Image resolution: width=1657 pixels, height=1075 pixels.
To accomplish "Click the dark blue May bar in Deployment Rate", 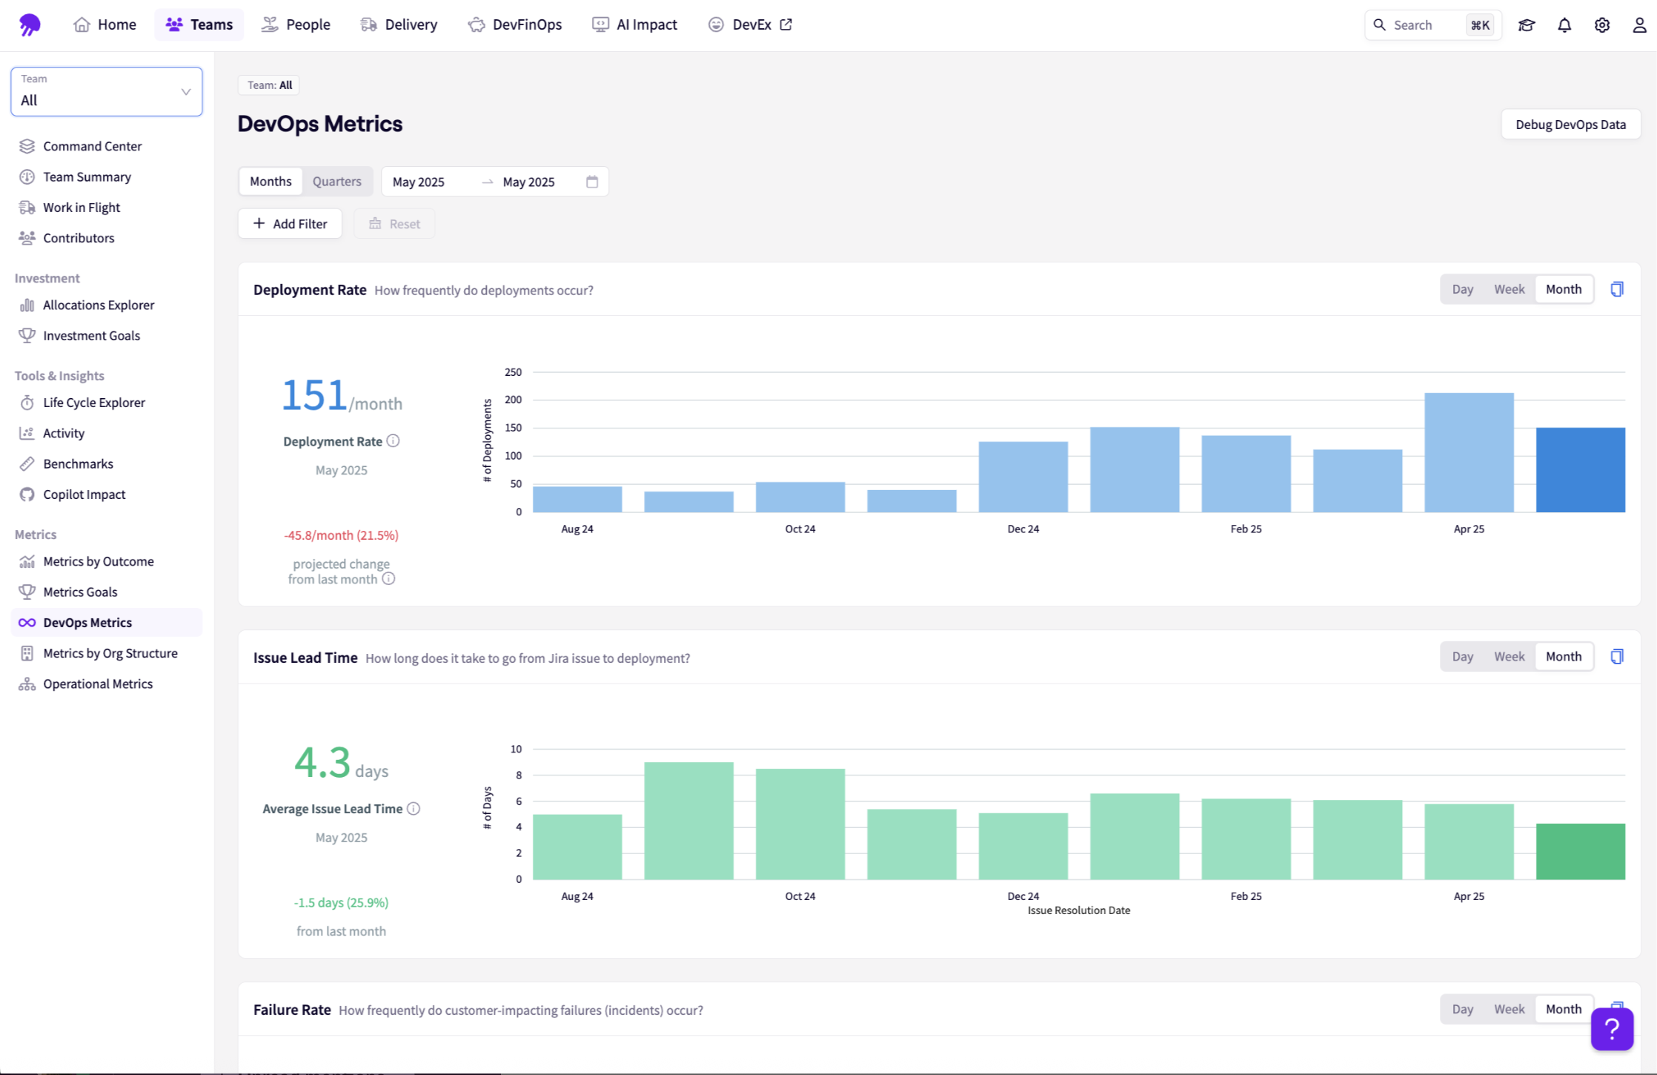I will tap(1580, 469).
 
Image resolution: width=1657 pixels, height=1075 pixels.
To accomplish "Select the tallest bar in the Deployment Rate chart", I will tap(1469, 452).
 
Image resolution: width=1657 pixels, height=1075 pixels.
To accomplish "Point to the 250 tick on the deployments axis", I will tap(513, 372).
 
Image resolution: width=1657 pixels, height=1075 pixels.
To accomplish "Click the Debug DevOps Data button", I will tap(1570, 125).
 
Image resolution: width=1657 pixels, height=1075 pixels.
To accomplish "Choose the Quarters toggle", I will tap(336, 182).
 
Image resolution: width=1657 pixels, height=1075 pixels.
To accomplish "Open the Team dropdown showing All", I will tap(107, 92).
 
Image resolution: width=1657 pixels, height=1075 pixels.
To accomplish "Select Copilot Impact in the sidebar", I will tap(84, 494).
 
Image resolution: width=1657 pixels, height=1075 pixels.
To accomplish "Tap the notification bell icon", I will tap(1564, 25).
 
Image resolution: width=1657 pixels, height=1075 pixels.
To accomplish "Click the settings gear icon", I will tap(1601, 25).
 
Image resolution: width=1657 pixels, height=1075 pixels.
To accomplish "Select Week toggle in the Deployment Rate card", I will tap(1509, 289).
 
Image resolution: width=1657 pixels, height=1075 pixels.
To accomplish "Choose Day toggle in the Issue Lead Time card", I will tap(1462, 657).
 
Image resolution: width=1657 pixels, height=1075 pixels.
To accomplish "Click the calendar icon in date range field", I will tap(592, 182).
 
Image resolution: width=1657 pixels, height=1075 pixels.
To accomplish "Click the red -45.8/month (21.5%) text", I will tap(341, 535).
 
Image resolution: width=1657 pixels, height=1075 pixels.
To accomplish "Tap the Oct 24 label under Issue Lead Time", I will tap(800, 896).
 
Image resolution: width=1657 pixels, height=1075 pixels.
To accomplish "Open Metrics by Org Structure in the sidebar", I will tap(110, 653).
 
